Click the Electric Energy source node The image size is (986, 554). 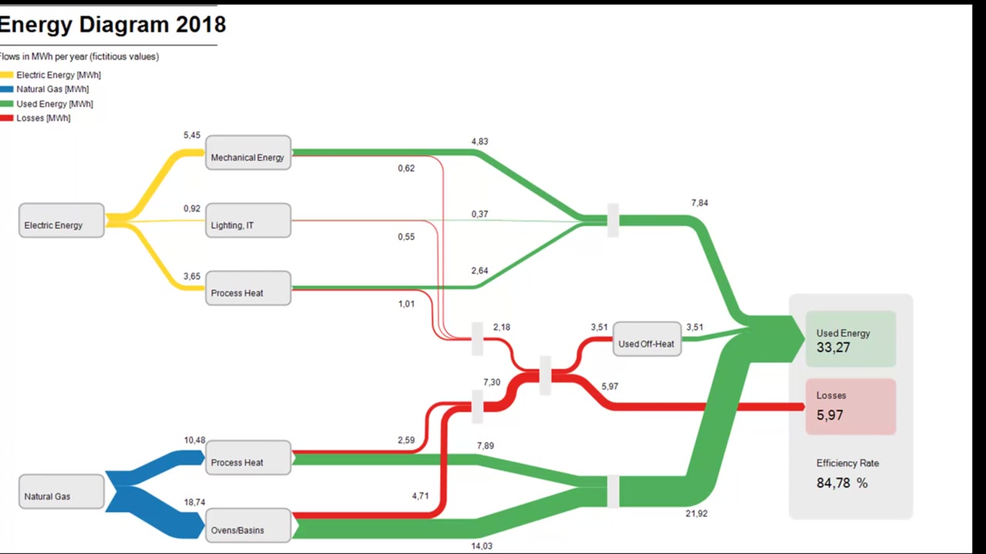click(x=61, y=221)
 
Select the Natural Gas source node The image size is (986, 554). click(x=61, y=492)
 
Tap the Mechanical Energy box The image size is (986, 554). click(x=248, y=153)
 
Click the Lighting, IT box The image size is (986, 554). click(x=248, y=221)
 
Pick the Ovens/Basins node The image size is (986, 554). click(x=248, y=526)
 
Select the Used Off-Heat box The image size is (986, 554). click(x=647, y=340)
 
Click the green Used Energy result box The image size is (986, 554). click(x=850, y=339)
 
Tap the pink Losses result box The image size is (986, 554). click(x=850, y=406)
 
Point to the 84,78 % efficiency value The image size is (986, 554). click(x=842, y=483)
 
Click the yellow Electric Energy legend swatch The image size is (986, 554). click(x=7, y=75)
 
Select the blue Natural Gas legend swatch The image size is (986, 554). click(x=7, y=89)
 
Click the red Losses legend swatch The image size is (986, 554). click(x=7, y=118)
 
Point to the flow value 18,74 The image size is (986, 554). click(x=194, y=502)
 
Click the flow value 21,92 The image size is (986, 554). click(x=696, y=513)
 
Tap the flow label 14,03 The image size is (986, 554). click(x=481, y=546)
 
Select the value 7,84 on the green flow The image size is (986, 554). click(x=699, y=203)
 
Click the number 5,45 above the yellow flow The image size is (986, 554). click(x=192, y=135)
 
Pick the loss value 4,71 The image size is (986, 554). click(x=420, y=496)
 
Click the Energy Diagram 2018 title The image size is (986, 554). click(x=113, y=25)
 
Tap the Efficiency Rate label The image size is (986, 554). click(x=847, y=463)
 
